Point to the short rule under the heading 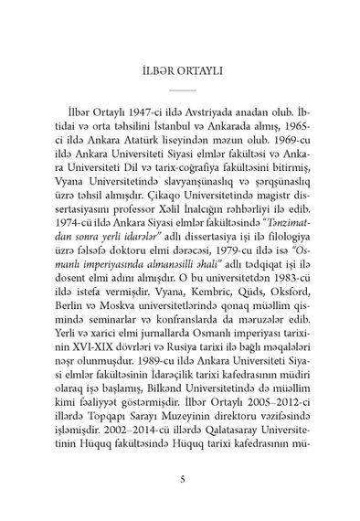180,90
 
